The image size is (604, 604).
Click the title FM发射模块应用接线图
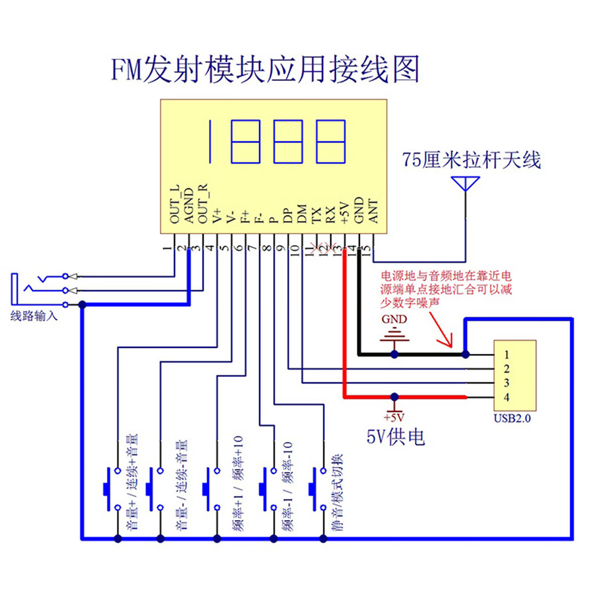pyautogui.click(x=264, y=69)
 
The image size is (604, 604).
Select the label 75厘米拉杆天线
pyautogui.click(x=472, y=161)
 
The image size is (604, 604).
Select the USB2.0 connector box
pyautogui.click(x=515, y=375)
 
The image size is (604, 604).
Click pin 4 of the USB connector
pyautogui.click(x=506, y=397)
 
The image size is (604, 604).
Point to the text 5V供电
pyautogui.click(x=396, y=436)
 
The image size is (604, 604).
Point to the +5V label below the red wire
pyautogui.click(x=394, y=417)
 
